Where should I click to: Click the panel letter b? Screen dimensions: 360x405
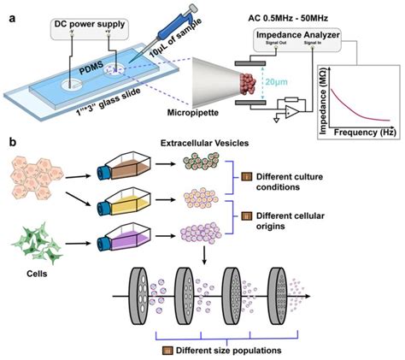point(9,159)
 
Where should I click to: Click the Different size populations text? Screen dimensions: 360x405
point(220,350)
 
